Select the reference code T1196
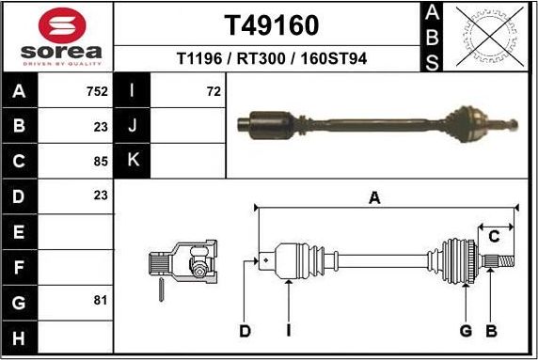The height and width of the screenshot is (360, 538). pyautogui.click(x=200, y=58)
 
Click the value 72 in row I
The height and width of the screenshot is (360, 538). pyautogui.click(x=214, y=92)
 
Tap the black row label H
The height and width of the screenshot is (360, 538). pyautogui.click(x=20, y=336)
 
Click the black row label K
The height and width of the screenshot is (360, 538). pyautogui.click(x=133, y=160)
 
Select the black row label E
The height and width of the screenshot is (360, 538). pyautogui.click(x=20, y=230)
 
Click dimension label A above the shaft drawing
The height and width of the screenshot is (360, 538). pyautogui.click(x=374, y=198)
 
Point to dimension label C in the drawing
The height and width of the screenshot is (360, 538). pyautogui.click(x=493, y=236)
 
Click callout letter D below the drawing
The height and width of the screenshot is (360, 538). pyautogui.click(x=245, y=330)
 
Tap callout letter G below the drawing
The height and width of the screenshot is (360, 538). pyautogui.click(x=466, y=330)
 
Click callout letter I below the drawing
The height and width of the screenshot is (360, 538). pyautogui.click(x=289, y=330)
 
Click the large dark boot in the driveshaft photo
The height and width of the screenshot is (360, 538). pyautogui.click(x=270, y=123)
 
